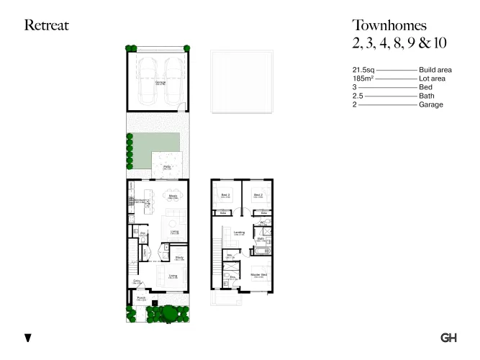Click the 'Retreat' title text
point(47,26)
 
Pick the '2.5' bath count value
point(357,96)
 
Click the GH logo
point(448,338)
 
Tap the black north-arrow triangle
point(28,338)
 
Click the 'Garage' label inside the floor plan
point(159,82)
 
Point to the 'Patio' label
point(166,167)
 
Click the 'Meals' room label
point(173,195)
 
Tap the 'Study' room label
point(178,257)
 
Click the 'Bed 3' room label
point(225,195)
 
